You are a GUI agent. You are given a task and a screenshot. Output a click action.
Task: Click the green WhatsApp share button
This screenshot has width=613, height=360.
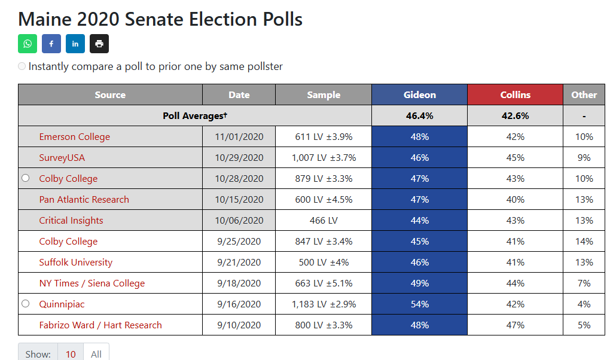pos(28,44)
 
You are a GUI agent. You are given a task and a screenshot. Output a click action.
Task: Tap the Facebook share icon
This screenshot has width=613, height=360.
pos(51,44)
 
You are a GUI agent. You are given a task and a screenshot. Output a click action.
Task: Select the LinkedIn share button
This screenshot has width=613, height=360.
pos(75,44)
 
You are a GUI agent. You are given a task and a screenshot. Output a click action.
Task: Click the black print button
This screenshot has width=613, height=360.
pos(99,44)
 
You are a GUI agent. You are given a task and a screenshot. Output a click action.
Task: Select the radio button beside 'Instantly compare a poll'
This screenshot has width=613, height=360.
pos(22,66)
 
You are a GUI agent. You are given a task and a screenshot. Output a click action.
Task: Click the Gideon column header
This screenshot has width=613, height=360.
pos(419,94)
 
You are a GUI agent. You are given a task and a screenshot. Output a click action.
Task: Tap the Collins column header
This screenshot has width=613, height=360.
pos(516,94)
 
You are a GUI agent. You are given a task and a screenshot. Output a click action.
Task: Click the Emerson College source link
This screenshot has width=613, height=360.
pos(74,137)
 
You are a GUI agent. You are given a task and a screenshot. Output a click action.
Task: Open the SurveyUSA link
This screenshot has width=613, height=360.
pos(62,158)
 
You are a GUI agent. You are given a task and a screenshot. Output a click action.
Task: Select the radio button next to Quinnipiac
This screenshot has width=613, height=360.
pos(25,304)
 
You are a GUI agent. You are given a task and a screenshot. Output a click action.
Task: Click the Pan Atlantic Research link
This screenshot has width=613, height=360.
pos(84,200)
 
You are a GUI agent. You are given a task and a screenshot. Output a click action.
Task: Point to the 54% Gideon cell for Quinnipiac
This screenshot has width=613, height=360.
pos(419,304)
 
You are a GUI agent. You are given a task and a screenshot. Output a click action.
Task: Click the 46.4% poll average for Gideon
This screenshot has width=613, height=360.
pos(419,115)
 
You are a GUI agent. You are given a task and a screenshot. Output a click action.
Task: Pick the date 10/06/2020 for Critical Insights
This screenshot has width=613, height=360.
pos(239,221)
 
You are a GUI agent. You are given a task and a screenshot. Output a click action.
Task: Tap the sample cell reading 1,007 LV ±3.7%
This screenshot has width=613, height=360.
pos(324,158)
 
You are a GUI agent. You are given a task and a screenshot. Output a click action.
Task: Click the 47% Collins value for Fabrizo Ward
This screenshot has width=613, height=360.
pos(516,325)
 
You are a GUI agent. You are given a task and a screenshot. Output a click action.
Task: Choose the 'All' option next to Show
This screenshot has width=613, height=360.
pos(96,354)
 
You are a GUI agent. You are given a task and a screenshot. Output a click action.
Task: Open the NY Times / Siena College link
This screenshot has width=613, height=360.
pos(92,283)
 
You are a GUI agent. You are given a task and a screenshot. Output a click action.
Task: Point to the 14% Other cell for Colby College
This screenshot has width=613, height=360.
pos(584,242)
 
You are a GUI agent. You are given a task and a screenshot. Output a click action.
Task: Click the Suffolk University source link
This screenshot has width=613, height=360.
pos(76,263)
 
